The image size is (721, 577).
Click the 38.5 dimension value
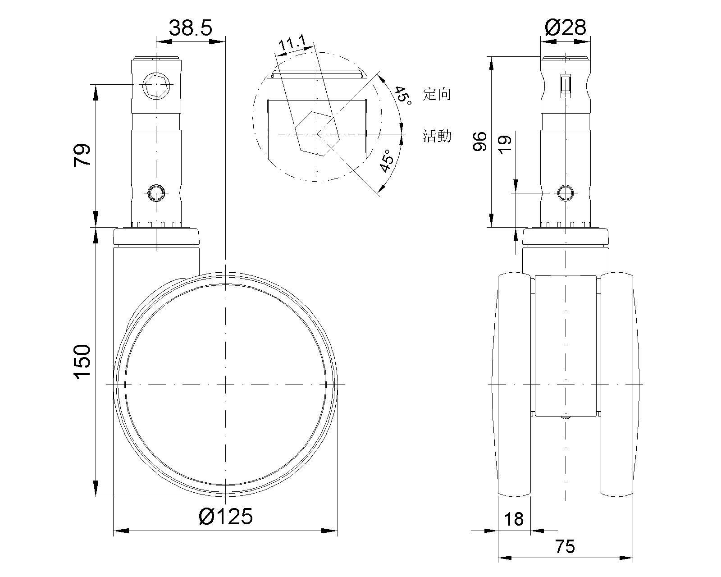[190, 27]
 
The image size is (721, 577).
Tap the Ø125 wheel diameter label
[225, 517]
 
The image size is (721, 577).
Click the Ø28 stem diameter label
[566, 27]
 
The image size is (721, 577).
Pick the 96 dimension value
[480, 142]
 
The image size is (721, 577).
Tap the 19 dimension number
[505, 145]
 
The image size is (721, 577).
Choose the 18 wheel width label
[514, 519]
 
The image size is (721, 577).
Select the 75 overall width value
[565, 547]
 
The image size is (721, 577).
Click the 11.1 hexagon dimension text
[292, 43]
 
